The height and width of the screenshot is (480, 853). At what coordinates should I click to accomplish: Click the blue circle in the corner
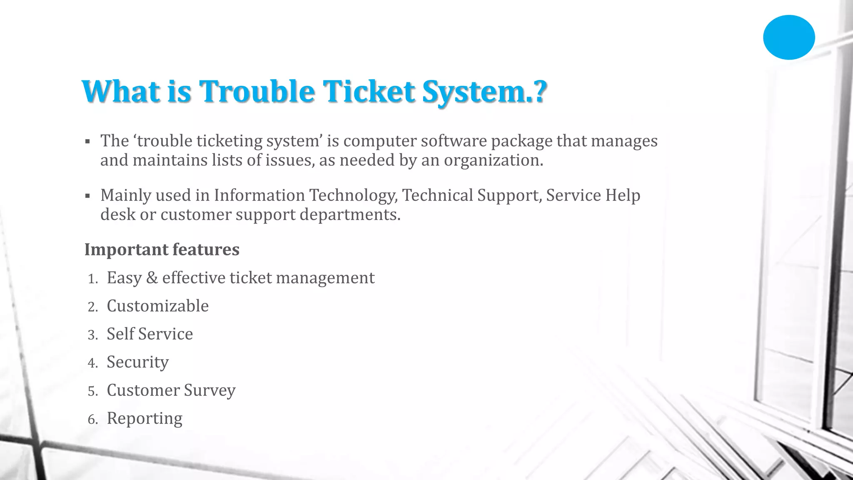788,37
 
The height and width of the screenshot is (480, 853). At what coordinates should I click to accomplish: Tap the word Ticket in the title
369,91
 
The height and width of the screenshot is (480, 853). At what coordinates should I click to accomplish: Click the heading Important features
162,250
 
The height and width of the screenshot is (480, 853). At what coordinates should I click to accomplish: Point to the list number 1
92,279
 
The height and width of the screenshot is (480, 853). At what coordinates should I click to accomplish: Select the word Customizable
157,306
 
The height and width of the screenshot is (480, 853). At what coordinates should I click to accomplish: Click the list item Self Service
150,334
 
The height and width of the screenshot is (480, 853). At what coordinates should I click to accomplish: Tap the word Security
137,362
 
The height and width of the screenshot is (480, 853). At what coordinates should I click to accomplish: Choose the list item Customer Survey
171,390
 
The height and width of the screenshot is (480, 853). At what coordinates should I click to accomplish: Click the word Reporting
145,419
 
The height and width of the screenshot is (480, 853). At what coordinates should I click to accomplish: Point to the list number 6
92,420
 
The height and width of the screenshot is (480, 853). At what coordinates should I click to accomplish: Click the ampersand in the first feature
152,278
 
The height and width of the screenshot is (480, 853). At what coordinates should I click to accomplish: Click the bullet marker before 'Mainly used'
87,196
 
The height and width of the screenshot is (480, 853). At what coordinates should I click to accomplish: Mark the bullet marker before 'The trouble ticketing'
87,142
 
